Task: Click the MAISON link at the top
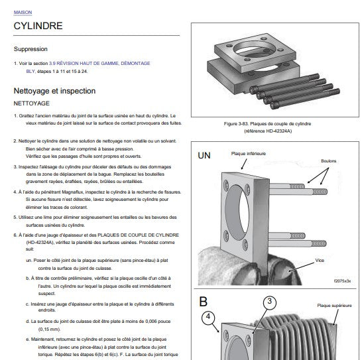23,13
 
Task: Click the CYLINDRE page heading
38,26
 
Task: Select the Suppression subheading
30,49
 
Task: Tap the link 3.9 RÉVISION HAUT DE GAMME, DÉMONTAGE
99,63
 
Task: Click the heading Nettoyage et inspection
54,91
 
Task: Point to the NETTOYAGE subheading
32,103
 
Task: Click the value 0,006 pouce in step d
158,322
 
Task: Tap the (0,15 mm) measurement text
50,330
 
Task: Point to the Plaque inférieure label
249,154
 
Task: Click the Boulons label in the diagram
329,161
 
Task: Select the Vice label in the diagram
320,261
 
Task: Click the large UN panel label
204,156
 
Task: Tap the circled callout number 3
270,302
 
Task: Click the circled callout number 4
208,317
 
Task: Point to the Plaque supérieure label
334,306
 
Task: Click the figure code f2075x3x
342,281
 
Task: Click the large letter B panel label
203,302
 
